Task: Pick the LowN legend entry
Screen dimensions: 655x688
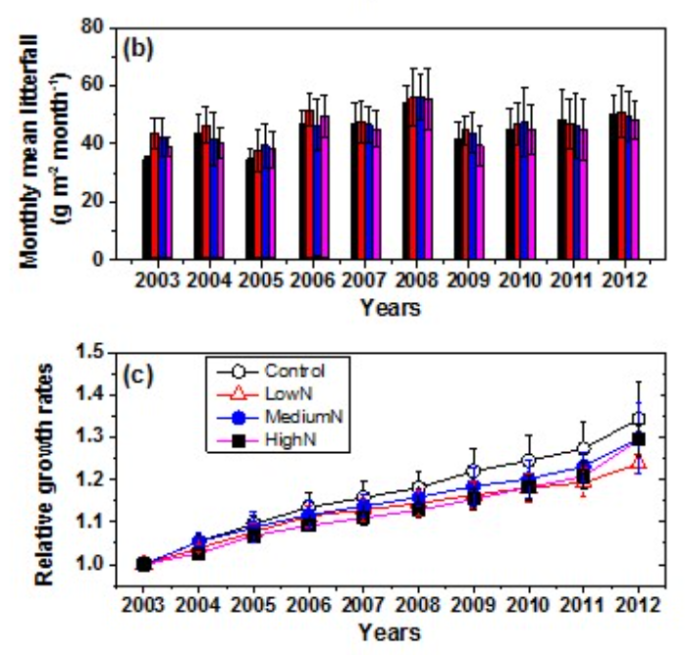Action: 276,393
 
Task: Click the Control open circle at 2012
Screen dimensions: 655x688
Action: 638,420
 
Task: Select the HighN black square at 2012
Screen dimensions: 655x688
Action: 638,438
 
